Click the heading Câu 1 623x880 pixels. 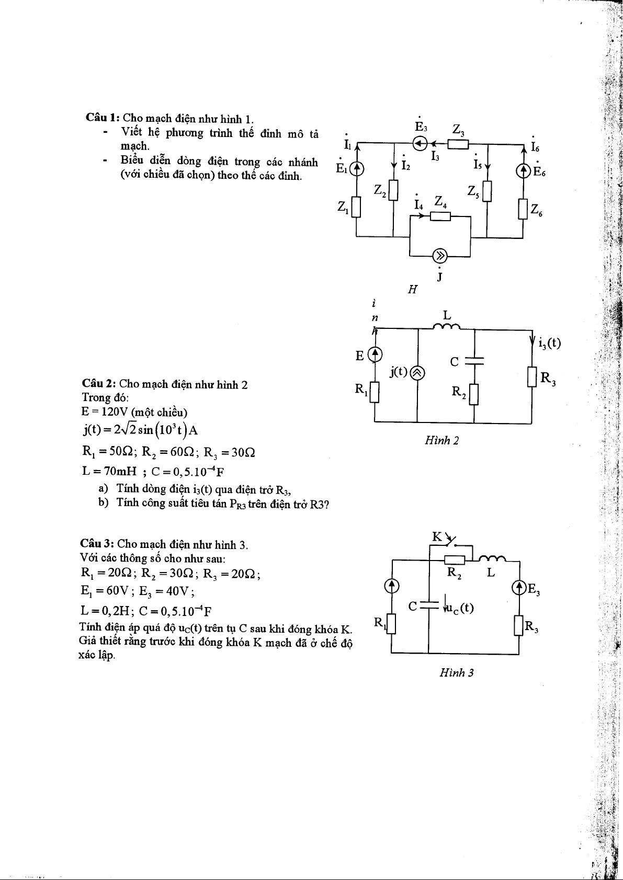click(103, 118)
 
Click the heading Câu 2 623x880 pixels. click(99, 384)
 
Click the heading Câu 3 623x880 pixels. click(97, 544)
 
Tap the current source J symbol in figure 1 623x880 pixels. click(440, 256)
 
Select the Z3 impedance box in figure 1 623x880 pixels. click(458, 143)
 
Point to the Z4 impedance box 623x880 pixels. click(440, 216)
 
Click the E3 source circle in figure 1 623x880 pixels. click(420, 143)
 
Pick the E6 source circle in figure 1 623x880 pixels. click(524, 170)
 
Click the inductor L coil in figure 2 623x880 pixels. click(446, 327)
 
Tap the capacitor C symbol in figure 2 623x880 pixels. click(474, 360)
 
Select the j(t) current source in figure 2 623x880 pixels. click(417, 373)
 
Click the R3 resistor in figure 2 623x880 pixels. click(532, 377)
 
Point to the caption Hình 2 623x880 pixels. click(442, 441)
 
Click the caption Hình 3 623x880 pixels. click(457, 673)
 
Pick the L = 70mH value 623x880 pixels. click(110, 471)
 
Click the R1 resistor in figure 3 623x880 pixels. click(391, 623)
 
